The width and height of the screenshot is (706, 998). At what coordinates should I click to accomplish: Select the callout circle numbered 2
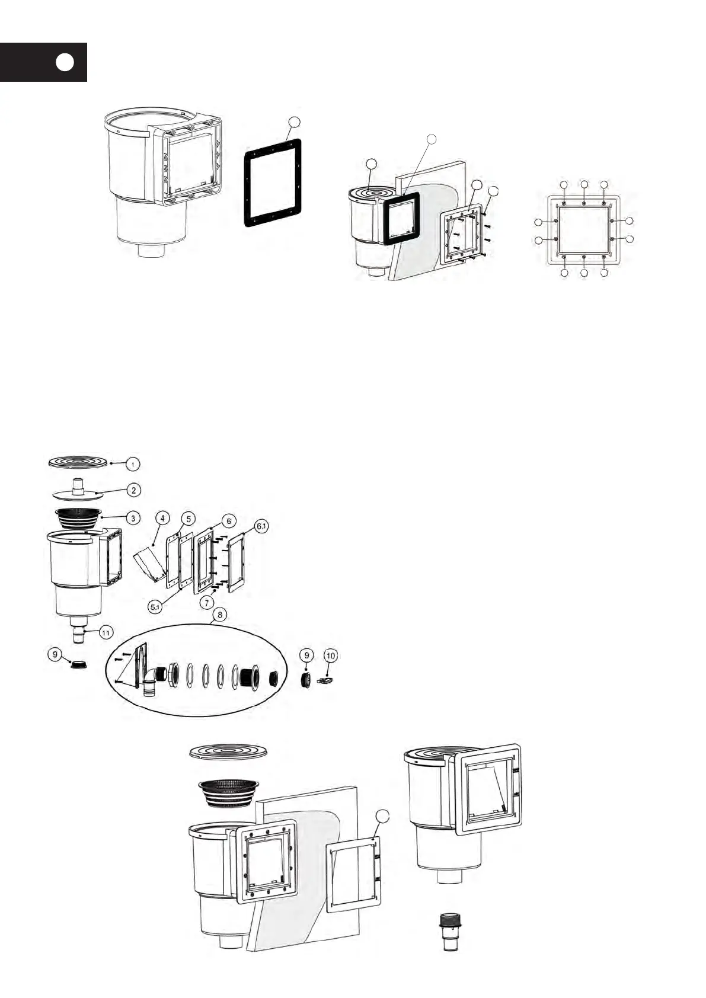coord(135,490)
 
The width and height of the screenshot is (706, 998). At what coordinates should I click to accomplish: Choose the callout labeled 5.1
coord(155,607)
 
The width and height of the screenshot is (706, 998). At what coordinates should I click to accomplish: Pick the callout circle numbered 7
coord(206,603)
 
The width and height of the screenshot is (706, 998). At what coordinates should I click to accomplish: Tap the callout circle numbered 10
coord(331,655)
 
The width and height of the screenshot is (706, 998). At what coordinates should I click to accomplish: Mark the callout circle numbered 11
coord(106,634)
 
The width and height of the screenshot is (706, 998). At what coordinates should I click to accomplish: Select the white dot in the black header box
coord(66,62)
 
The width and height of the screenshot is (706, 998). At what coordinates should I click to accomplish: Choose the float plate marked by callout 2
coord(78,491)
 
